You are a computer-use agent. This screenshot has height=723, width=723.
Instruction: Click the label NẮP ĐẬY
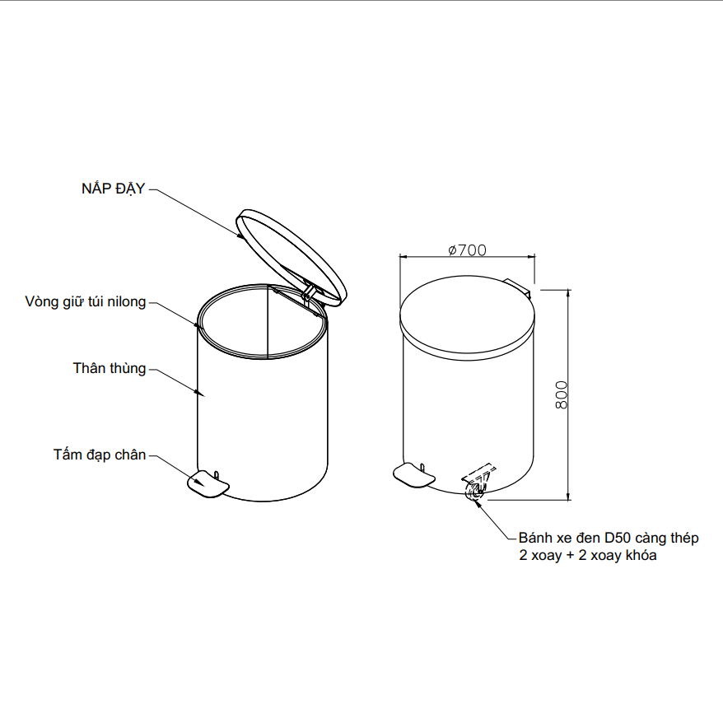tap(113, 188)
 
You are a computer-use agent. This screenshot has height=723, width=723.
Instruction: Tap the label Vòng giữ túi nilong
tap(86, 301)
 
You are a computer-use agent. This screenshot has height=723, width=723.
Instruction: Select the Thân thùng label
tap(110, 368)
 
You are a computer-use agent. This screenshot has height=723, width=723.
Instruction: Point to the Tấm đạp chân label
tap(100, 455)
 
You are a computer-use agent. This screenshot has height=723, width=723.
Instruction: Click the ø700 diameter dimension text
tap(467, 250)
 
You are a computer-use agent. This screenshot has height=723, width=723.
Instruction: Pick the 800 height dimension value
tap(561, 394)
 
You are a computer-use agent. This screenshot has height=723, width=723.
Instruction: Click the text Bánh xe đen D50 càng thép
tap(609, 538)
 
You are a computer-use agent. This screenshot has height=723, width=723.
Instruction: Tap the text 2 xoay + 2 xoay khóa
tap(587, 555)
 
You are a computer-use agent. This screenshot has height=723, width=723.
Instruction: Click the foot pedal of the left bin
tap(208, 483)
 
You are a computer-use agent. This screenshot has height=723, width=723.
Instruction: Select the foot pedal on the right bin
tap(413, 475)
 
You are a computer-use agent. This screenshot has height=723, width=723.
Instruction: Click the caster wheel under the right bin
tap(475, 489)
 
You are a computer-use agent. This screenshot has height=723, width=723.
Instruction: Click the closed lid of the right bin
tap(467, 318)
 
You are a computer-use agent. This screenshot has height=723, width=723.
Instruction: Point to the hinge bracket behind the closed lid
tap(518, 286)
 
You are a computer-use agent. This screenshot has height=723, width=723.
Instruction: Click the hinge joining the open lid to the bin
tap(308, 294)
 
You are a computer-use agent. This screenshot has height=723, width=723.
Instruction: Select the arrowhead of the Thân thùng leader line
tap(200, 393)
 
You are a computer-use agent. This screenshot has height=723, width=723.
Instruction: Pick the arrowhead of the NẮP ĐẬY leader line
tap(240, 236)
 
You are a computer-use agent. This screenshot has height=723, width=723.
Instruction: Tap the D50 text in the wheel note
tap(617, 538)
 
